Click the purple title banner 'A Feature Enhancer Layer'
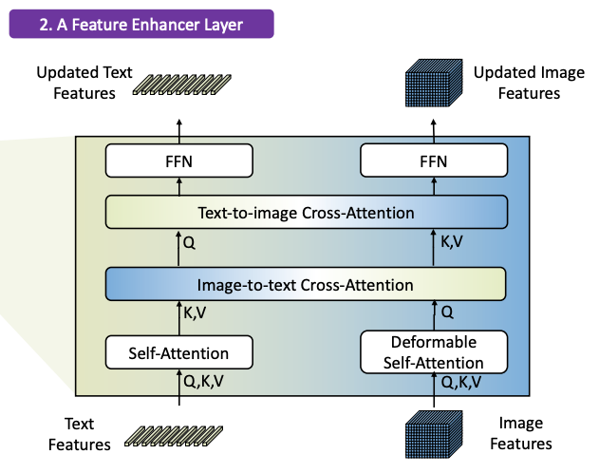(x=141, y=24)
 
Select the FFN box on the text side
(x=179, y=161)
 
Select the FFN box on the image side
(x=432, y=161)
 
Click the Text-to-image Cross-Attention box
(x=306, y=212)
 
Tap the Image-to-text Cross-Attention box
(x=306, y=283)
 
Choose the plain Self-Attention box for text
(x=179, y=353)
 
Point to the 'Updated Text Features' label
(x=76, y=83)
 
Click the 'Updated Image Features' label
(x=516, y=83)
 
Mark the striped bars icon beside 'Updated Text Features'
(x=181, y=83)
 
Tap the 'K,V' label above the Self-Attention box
(x=197, y=310)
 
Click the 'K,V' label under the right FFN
(x=454, y=241)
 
